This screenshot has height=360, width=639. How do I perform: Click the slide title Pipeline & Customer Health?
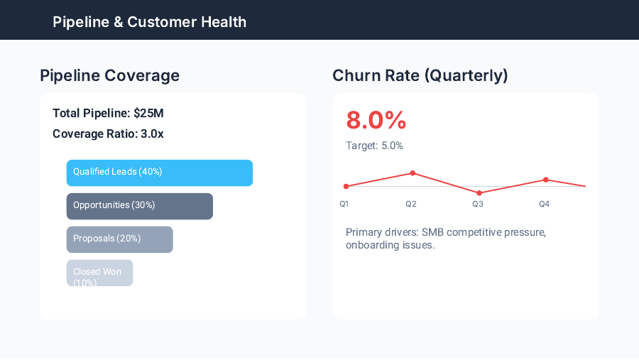click(149, 22)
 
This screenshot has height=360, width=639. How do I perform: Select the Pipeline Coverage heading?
click(109, 75)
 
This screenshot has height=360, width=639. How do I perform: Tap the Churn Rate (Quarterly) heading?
click(420, 75)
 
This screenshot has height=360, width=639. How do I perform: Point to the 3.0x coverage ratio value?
click(151, 133)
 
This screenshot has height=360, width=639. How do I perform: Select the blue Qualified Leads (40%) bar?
click(159, 173)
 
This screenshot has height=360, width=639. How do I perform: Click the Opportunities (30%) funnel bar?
click(139, 206)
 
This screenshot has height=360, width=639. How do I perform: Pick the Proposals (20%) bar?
click(119, 239)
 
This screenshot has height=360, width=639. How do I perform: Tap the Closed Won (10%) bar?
click(99, 273)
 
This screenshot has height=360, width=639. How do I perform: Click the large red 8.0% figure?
click(376, 120)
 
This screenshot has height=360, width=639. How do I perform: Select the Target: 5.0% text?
click(374, 146)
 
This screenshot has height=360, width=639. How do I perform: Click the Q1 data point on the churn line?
click(346, 187)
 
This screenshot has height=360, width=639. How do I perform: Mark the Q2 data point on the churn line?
click(413, 173)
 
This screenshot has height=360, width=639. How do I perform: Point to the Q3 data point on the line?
click(479, 193)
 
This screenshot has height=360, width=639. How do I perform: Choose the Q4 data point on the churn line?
click(545, 180)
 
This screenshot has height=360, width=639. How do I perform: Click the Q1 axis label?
click(344, 204)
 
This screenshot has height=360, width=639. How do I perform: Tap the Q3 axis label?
click(477, 204)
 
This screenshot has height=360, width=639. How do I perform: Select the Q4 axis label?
click(544, 204)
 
